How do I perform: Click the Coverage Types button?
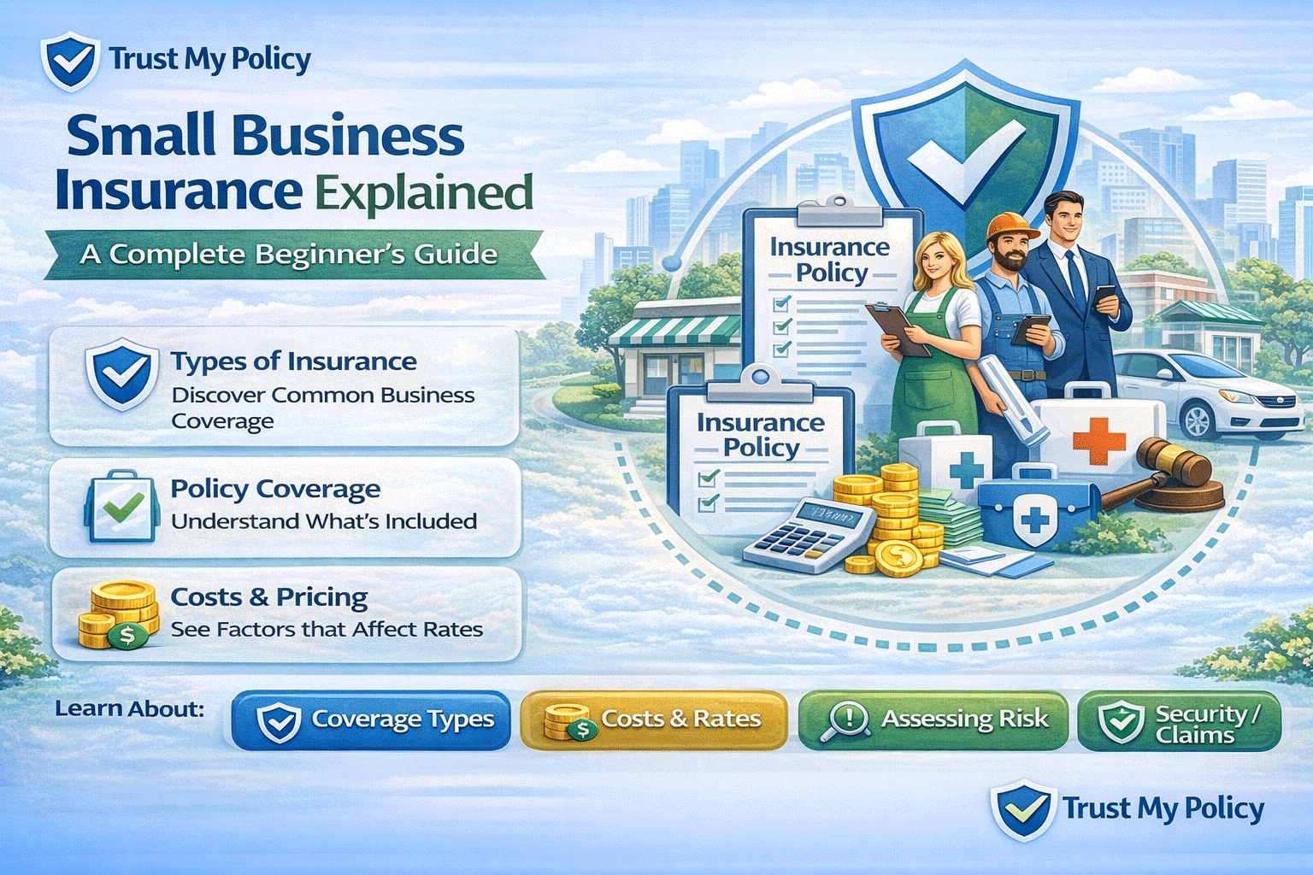click(371, 720)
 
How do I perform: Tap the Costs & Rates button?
click(654, 720)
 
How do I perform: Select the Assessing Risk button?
click(933, 720)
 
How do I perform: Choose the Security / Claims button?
click(1180, 722)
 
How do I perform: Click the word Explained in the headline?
click(425, 193)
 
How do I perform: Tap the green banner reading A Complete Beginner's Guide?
click(291, 255)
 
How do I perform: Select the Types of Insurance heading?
click(293, 361)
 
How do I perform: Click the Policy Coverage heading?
click(275, 489)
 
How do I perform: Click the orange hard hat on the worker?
click(1011, 226)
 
